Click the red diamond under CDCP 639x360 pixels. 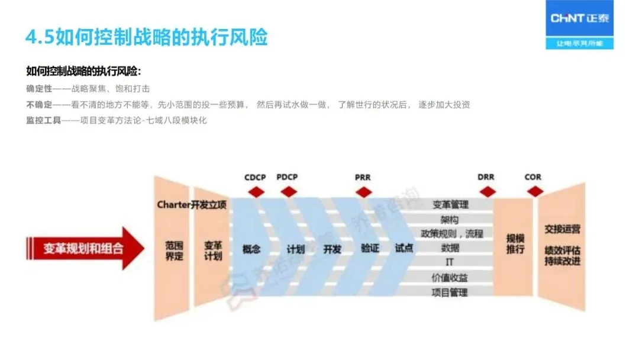[256, 191]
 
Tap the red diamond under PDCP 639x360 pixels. [288, 191]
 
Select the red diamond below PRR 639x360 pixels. [363, 191]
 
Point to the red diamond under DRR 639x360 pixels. [486, 191]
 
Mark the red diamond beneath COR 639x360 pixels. [534, 191]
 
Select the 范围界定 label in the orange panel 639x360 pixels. [174, 250]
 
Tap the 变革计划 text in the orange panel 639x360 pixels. [213, 250]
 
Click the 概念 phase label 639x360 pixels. [251, 249]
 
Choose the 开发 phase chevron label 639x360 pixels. [333, 249]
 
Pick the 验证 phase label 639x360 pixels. [369, 249]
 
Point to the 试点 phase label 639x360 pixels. [404, 249]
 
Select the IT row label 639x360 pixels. [450, 262]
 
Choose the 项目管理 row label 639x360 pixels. [450, 292]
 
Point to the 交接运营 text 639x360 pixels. [562, 229]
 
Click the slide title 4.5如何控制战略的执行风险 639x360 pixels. [146, 37]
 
